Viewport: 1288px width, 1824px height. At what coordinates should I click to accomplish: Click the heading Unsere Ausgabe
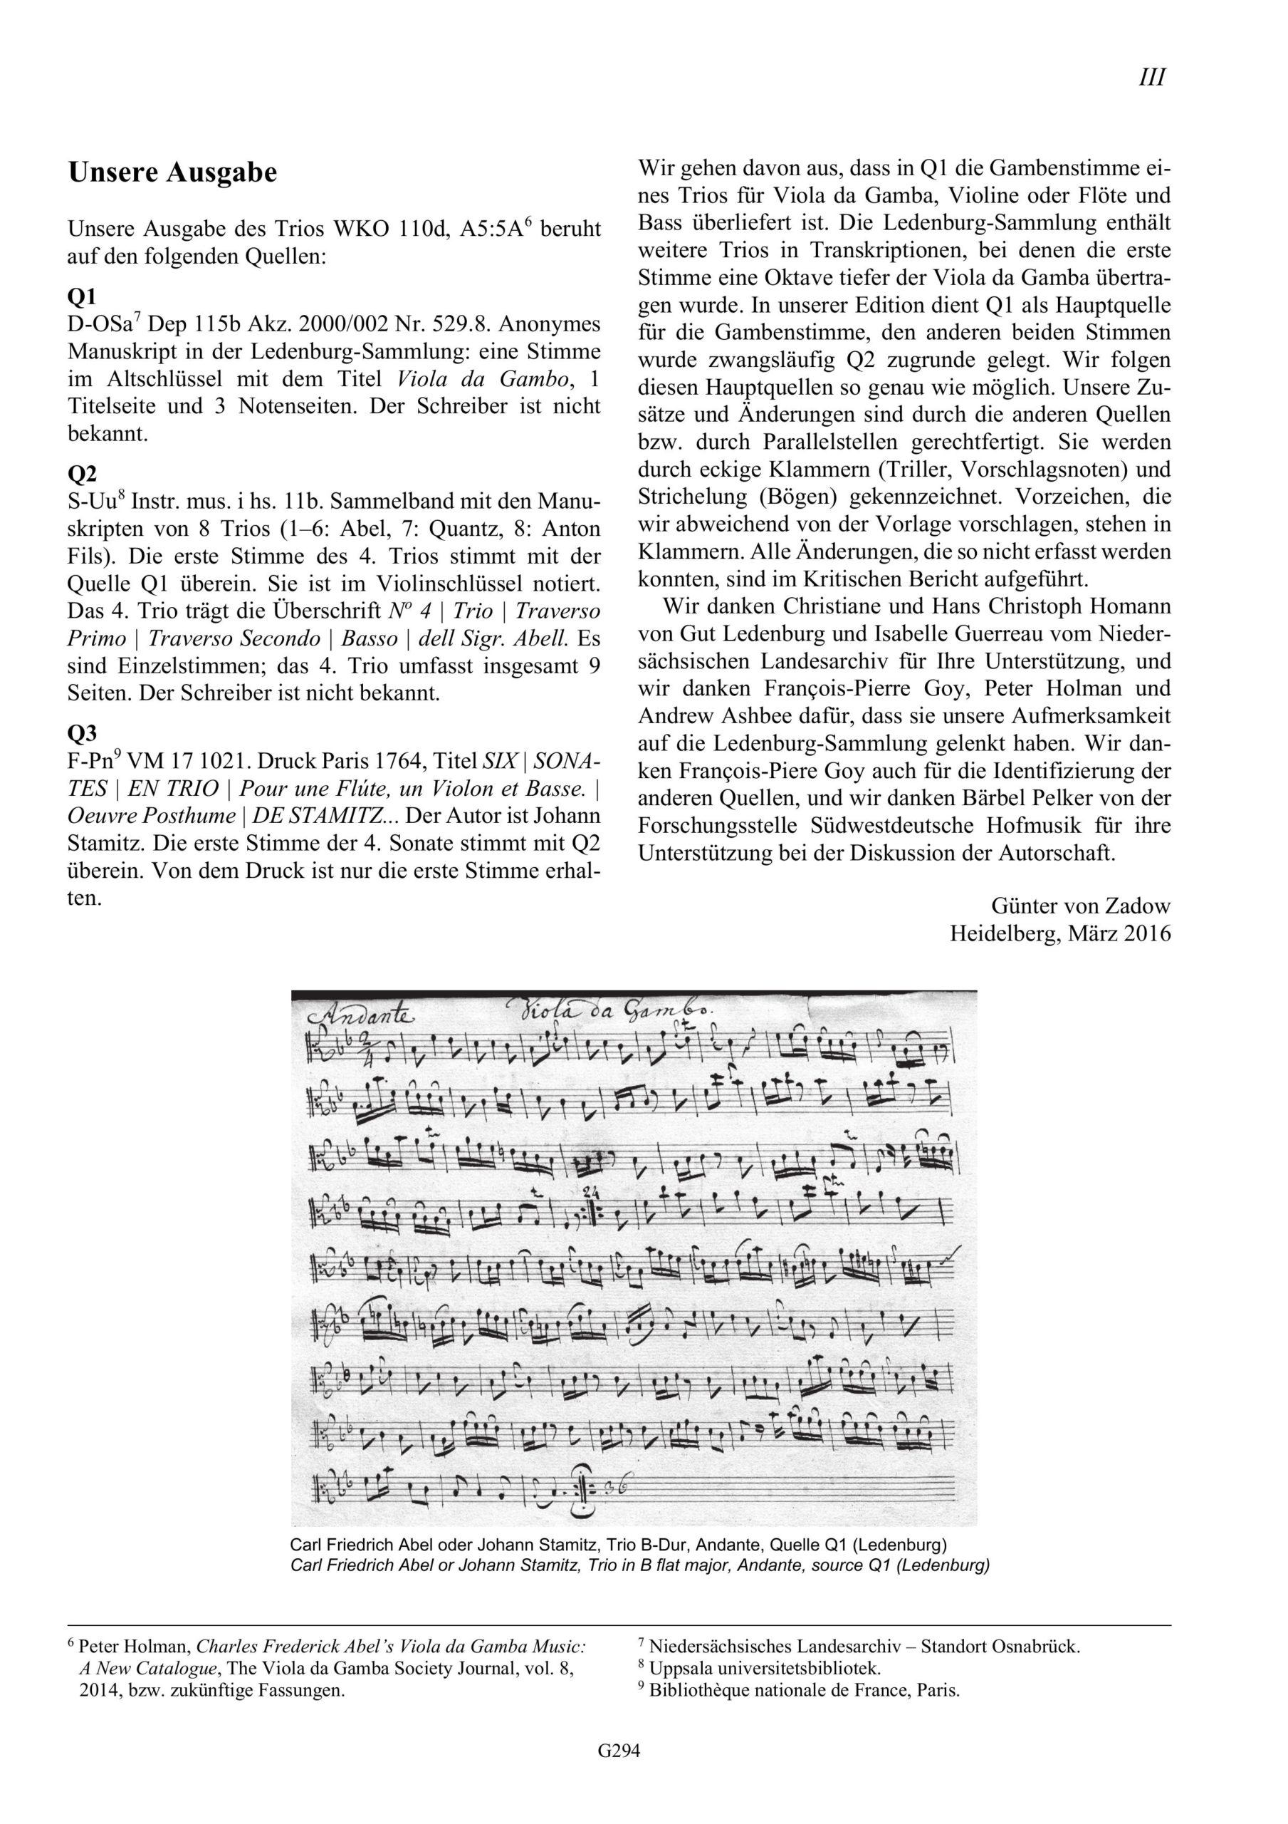(x=172, y=173)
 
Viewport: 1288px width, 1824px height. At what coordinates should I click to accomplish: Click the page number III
(x=1151, y=78)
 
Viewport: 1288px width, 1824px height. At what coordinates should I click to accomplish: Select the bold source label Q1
(x=82, y=296)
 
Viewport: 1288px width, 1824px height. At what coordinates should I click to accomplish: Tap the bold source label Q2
(x=82, y=474)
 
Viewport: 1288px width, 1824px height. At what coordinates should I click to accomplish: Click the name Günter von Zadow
(x=1080, y=905)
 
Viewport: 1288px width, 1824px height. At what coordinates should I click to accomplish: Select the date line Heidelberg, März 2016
(x=1060, y=933)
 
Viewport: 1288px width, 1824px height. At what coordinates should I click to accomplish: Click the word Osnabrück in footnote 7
(x=1039, y=1624)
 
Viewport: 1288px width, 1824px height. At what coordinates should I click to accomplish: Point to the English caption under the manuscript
(x=640, y=1566)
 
